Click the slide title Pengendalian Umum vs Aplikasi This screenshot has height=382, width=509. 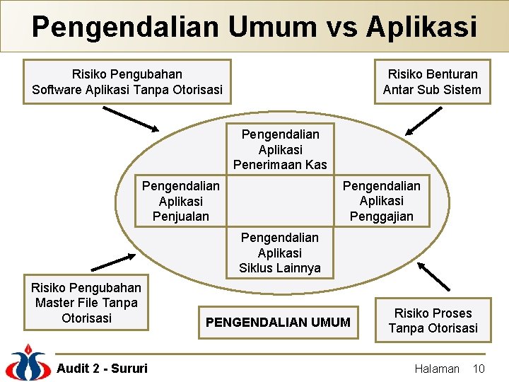click(255, 27)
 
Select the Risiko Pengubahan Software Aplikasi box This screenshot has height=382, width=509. click(127, 82)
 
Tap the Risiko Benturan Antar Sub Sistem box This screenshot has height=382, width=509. click(432, 82)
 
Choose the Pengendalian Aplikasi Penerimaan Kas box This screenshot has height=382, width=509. click(280, 149)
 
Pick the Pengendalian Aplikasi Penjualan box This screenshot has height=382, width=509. click(181, 201)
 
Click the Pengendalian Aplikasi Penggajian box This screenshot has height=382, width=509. click(382, 201)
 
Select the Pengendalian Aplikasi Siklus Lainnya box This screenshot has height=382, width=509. click(280, 253)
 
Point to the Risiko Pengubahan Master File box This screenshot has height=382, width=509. click(86, 303)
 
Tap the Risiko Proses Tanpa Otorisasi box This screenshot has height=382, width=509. click(433, 320)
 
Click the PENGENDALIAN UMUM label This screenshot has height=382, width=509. click(278, 323)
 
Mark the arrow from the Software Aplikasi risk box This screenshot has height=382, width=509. click(131, 119)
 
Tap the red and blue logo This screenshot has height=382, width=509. click(27, 362)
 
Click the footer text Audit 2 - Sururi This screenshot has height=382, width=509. click(102, 368)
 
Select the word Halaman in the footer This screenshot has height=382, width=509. click(436, 369)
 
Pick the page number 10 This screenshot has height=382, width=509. click(479, 369)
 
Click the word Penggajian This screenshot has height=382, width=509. click(382, 216)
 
